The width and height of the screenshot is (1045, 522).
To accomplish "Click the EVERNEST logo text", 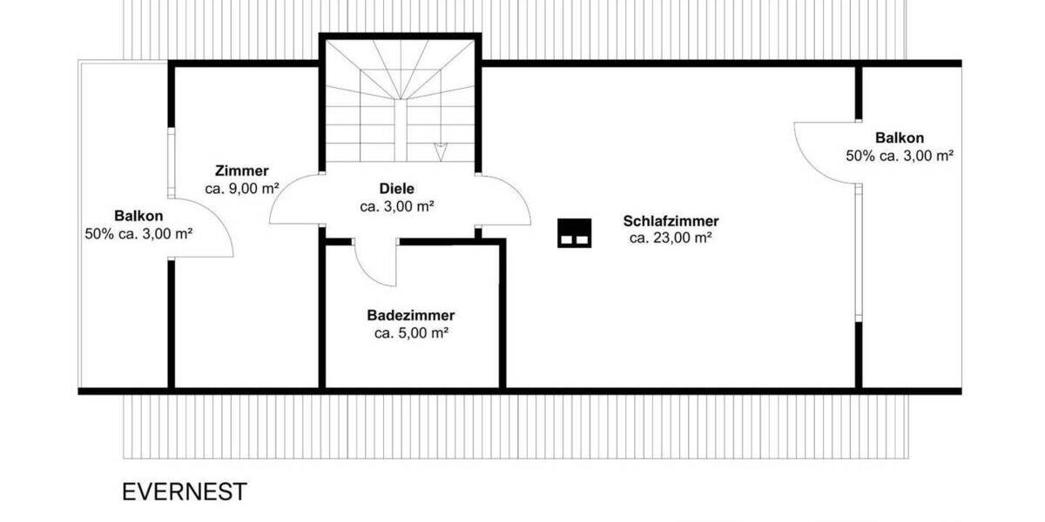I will (185, 492).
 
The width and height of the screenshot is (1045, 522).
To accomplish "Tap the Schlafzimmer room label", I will (671, 221).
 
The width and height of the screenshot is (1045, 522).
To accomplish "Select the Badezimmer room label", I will (411, 316).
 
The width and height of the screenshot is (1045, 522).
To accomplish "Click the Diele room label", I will (396, 189).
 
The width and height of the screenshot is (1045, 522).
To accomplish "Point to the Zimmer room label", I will (242, 171).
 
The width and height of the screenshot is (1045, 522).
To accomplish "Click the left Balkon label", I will (138, 216).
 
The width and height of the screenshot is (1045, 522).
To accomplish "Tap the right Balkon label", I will (900, 137).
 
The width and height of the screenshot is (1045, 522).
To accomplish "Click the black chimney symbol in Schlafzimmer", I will (574, 232).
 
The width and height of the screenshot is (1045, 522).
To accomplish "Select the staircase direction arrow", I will (441, 150).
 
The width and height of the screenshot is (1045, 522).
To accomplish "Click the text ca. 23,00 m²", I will (671, 238).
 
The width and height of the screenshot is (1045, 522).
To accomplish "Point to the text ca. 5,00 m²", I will (411, 333).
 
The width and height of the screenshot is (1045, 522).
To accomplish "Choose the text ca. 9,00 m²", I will (242, 188).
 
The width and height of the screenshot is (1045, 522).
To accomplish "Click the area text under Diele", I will (396, 207).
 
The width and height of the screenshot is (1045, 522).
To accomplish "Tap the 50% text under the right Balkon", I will (900, 156).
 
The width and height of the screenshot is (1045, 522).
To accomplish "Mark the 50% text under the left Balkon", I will (138, 233).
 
